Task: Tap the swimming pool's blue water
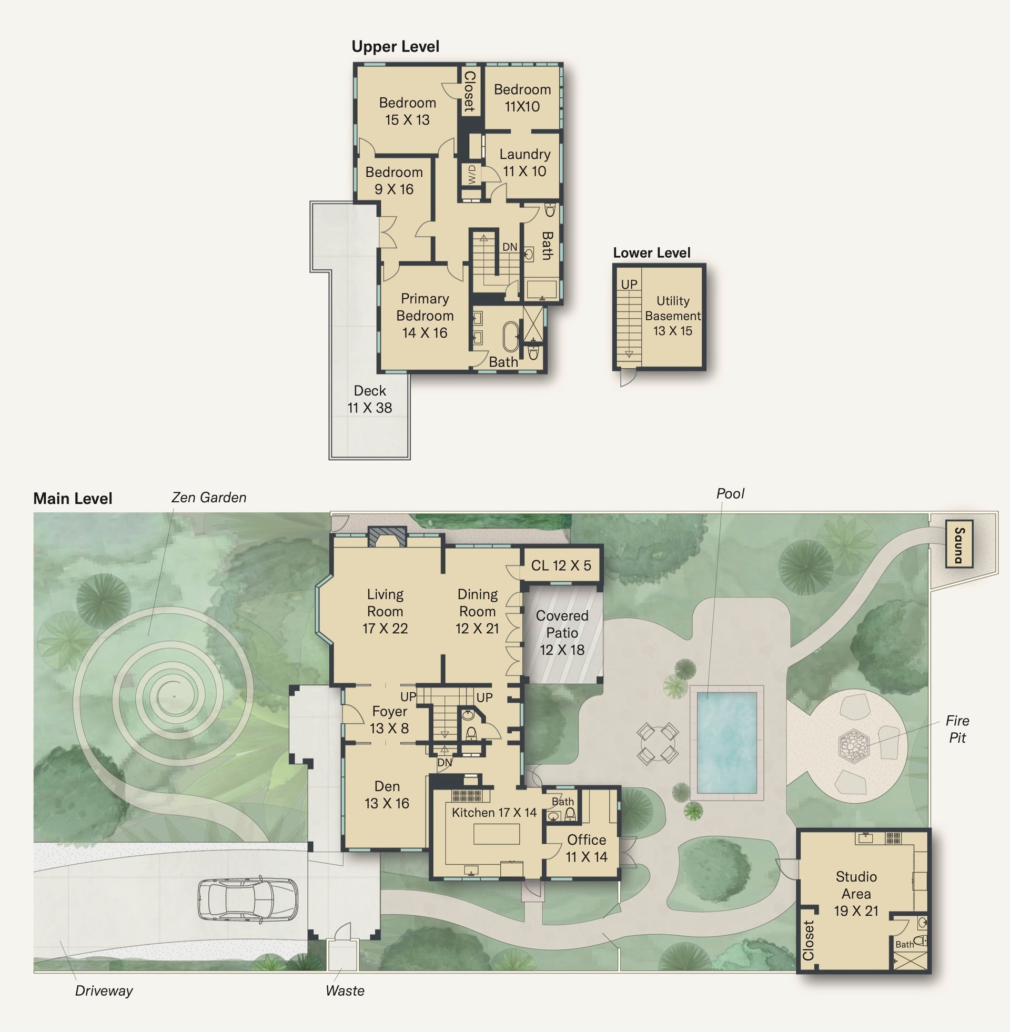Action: (x=727, y=741)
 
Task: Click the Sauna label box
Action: (x=959, y=543)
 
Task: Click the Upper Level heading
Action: (x=395, y=47)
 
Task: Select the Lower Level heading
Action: (x=651, y=253)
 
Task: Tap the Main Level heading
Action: (x=73, y=499)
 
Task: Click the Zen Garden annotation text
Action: (x=209, y=498)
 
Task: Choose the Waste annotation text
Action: (x=345, y=990)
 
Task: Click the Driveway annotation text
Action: (x=104, y=990)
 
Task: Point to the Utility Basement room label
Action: (x=673, y=316)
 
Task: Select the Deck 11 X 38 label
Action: (x=370, y=399)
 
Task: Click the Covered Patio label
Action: (x=562, y=632)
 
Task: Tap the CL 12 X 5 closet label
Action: (x=561, y=565)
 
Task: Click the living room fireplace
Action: (x=387, y=537)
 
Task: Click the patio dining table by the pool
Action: (x=658, y=743)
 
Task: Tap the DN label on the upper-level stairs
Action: (x=510, y=247)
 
